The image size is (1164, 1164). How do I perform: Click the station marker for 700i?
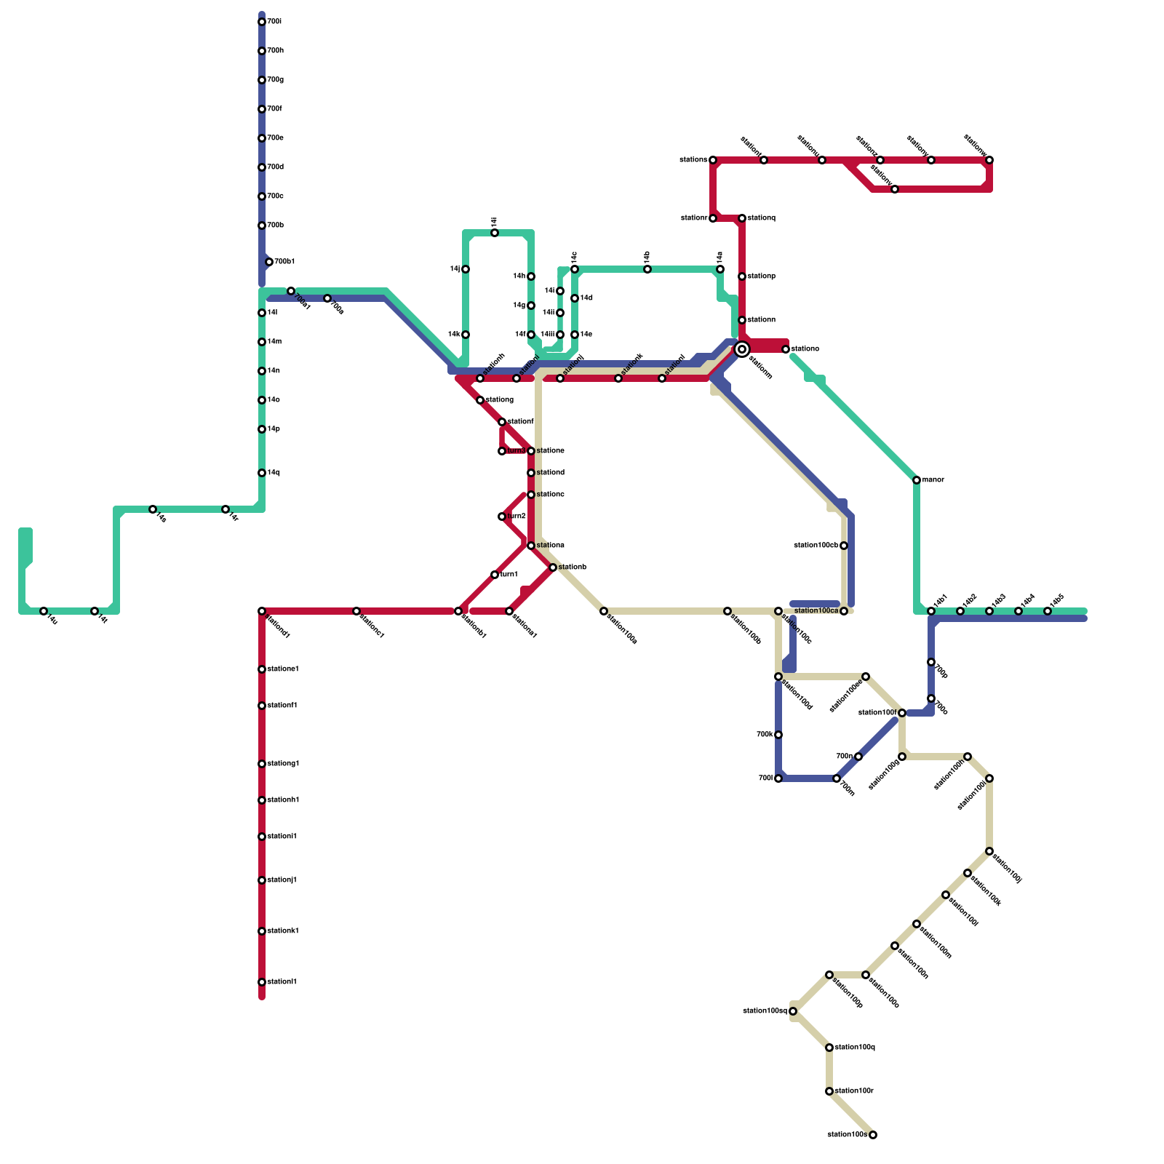click(x=262, y=22)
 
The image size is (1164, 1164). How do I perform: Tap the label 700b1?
click(x=284, y=262)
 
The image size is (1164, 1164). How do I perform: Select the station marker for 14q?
click(x=262, y=473)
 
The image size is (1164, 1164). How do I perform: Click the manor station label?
click(x=933, y=480)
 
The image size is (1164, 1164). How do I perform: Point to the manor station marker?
click(x=917, y=480)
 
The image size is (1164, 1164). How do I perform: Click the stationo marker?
click(x=786, y=349)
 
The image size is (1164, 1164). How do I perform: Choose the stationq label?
click(x=761, y=218)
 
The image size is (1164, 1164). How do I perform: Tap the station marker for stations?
click(x=713, y=160)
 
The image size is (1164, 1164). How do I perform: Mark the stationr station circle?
click(x=713, y=218)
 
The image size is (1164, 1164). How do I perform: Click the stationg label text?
click(x=499, y=400)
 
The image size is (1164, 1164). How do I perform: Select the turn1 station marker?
click(x=495, y=575)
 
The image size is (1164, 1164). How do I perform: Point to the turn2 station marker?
click(x=502, y=517)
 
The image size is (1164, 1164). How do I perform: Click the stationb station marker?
click(x=553, y=567)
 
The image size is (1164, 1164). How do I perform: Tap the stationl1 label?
click(x=282, y=982)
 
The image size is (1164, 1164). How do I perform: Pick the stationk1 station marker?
click(x=262, y=931)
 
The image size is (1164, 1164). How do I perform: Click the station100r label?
click(x=854, y=1091)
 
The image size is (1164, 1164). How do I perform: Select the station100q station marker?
click(x=829, y=1048)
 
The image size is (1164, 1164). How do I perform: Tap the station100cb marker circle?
click(x=844, y=546)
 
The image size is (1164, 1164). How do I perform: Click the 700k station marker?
click(x=778, y=735)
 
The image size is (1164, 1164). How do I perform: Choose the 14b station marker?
click(x=647, y=269)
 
